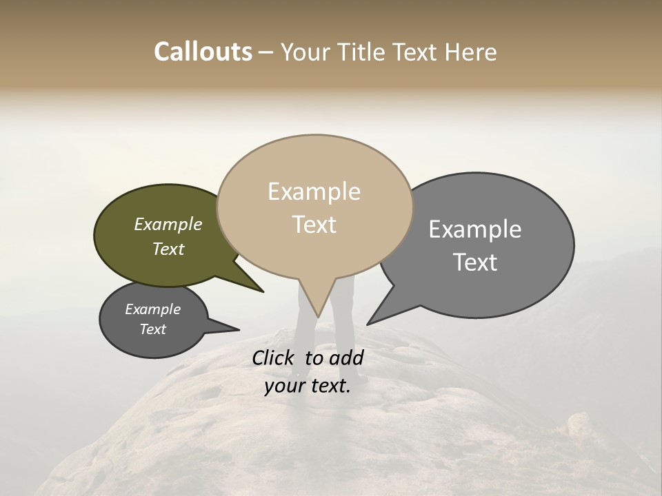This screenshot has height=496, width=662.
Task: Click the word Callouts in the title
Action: pos(203,52)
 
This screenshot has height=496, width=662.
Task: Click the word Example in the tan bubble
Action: pos(314,192)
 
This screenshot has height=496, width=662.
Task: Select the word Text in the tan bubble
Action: pos(314,225)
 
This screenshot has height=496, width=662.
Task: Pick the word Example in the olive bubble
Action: pos(168,225)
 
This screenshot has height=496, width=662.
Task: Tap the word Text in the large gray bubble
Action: pos(475,262)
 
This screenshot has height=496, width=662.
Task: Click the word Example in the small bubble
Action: pos(152,309)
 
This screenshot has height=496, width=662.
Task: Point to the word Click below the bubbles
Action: pos(275,358)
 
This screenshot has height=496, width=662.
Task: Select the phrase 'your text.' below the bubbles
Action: pos(308,386)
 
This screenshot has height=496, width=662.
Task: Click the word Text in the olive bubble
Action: pos(168,249)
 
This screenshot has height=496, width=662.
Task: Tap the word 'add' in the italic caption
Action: pos(346,358)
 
